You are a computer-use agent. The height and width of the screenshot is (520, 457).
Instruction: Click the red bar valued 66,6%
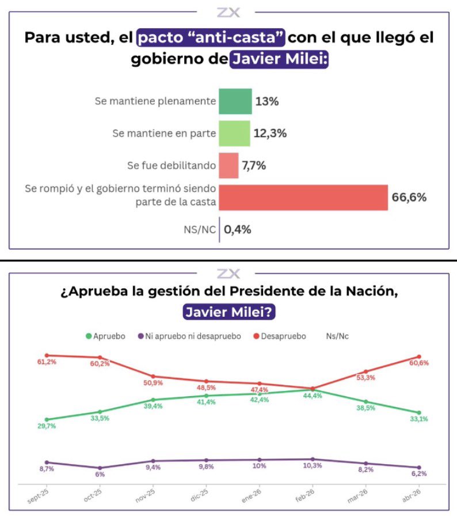[303, 198]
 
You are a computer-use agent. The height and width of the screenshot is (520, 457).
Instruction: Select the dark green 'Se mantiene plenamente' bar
[235, 101]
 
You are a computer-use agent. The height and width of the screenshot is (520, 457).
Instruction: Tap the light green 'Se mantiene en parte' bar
[234, 133]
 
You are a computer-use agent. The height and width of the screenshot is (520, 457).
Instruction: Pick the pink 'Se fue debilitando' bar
[228, 165]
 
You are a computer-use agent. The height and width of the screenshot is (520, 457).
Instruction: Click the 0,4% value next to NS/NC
[238, 229]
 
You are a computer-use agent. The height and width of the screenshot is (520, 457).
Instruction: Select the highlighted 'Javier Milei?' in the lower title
[228, 311]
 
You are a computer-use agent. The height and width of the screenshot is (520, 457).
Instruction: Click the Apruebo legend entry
[105, 336]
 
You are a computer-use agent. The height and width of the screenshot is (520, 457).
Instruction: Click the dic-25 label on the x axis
[200, 497]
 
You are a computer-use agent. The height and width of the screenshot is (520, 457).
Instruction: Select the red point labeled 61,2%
[47, 355]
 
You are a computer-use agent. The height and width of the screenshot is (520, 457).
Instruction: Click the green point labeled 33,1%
[419, 413]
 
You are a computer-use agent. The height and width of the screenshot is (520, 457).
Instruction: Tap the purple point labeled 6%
[100, 468]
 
